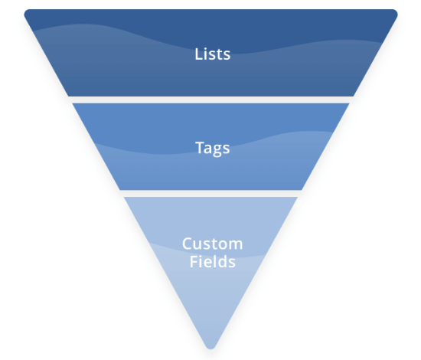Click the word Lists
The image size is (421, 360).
tap(212, 54)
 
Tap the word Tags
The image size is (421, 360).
tap(212, 148)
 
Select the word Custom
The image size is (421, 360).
tap(212, 244)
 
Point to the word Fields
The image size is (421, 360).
tap(212, 261)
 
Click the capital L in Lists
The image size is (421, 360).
tap(198, 54)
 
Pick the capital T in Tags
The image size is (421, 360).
tap(200, 147)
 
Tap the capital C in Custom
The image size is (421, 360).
tap(188, 244)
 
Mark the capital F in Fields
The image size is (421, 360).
tap(194, 261)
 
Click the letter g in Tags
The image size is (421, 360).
tap(217, 150)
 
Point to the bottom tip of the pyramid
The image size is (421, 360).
tap(210, 349)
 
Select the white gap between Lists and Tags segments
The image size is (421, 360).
tap(210, 100)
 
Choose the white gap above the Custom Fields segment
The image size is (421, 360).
tap(210, 194)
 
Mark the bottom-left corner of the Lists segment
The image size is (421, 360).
tap(68, 96)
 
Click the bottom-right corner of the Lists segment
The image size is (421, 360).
tap(354, 96)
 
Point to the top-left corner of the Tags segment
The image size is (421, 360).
tap(73, 103)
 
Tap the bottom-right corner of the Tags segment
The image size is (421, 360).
tap(302, 190)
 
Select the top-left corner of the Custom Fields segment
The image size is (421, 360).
tap(124, 197)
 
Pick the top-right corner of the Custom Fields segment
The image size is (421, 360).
tap(298, 197)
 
